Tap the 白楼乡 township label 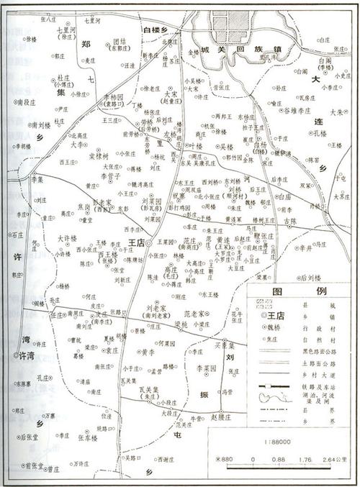point(160,29)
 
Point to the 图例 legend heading point(301,293)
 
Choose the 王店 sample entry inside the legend point(272,315)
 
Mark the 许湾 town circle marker point(16,355)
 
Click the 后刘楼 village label point(311,277)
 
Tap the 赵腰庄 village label point(221,417)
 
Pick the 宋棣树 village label point(99,155)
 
